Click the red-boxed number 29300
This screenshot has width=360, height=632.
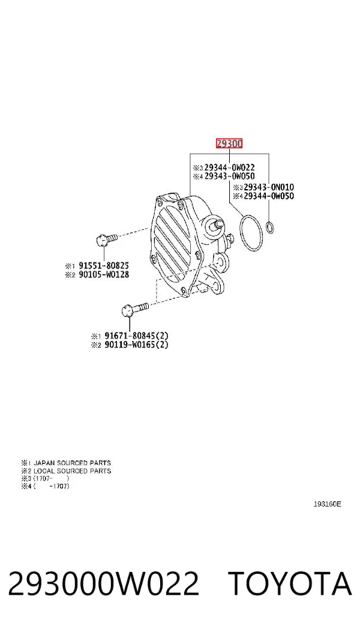point(229,143)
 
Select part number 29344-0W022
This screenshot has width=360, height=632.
point(229,167)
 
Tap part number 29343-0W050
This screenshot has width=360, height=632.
point(229,176)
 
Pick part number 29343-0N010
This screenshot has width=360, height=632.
point(269,187)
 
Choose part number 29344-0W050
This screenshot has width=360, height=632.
point(269,196)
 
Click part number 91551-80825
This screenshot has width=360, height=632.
point(104,266)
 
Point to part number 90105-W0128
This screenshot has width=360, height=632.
point(104,275)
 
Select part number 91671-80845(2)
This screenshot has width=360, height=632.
point(136,336)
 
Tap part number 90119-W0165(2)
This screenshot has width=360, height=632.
point(136,345)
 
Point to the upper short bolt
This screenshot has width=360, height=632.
point(106,239)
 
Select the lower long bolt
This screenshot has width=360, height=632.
point(134,310)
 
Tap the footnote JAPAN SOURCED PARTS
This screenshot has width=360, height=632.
point(72,463)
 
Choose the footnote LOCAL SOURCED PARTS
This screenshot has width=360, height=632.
point(72,471)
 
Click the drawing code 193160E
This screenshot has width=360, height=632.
point(328,504)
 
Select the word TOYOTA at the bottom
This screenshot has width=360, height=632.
point(290,583)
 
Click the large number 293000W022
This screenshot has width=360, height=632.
point(104,583)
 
